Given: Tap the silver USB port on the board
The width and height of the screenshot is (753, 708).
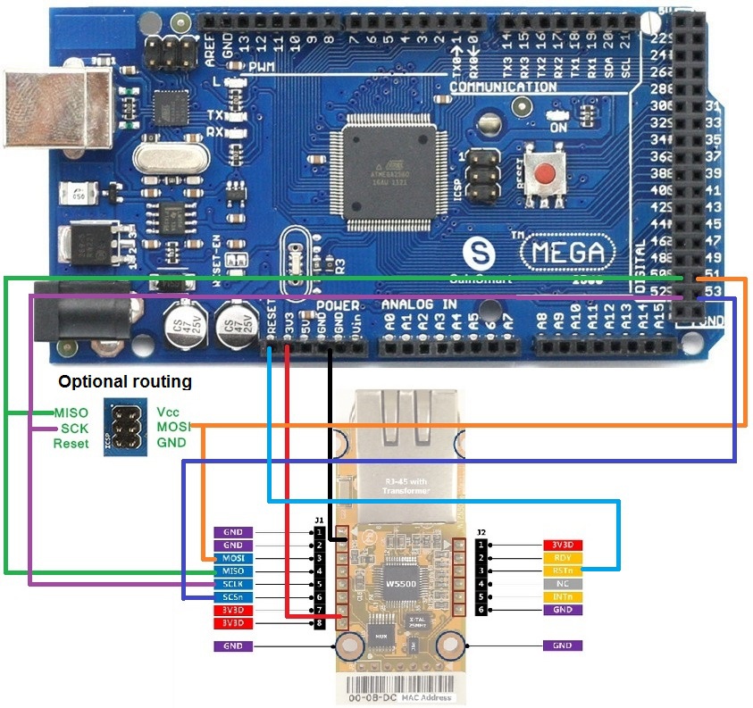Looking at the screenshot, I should point(36,107).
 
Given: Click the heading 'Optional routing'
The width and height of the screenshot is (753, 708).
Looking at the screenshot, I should point(125,381).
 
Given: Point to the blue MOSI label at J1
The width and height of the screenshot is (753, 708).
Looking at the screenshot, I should point(234,558).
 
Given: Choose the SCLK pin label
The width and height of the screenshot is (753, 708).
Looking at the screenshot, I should point(234,584).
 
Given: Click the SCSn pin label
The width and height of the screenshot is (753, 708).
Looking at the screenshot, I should point(234,596).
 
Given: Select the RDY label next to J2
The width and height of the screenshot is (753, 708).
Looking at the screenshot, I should point(563,558).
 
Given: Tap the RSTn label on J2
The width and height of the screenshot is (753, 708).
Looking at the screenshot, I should point(563,571).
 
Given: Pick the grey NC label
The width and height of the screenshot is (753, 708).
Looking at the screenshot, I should point(563,584).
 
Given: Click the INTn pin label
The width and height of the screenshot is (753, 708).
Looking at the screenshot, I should point(563,596).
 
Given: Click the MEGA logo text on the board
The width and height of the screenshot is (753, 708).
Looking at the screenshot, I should point(568,252).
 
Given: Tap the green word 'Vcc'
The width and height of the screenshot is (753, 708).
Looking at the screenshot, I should point(169,412).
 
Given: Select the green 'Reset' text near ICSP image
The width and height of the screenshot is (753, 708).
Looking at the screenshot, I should point(71,443).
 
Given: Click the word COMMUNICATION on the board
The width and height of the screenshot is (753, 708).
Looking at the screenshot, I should point(503,87).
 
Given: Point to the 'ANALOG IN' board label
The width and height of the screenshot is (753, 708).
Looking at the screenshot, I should point(420,305).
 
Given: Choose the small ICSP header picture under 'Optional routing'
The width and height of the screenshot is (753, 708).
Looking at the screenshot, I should point(122,427).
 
